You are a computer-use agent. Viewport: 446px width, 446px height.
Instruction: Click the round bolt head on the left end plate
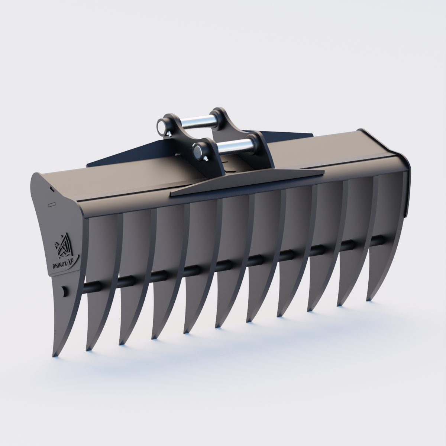pyautogui.click(x=64, y=291)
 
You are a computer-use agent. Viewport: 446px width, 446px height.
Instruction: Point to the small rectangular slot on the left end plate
pyautogui.click(x=52, y=204)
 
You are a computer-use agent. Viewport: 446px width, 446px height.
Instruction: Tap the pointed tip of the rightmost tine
pyautogui.click(x=369, y=299)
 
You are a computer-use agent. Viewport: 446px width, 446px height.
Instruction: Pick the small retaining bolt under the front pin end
pyautogui.click(x=205, y=159)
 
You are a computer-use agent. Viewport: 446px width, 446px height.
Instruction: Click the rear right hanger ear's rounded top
pyautogui.click(x=218, y=112)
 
